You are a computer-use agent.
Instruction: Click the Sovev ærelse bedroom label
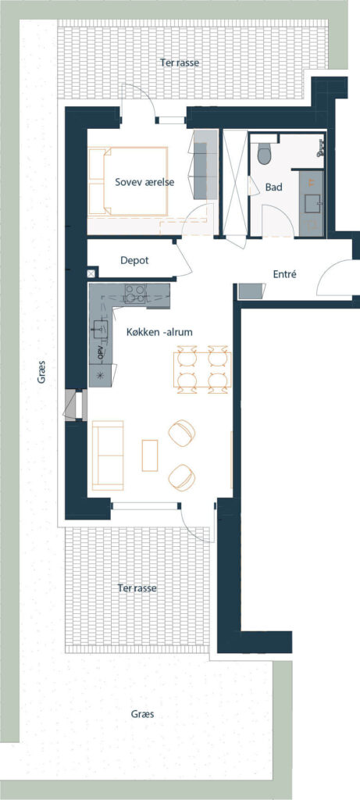pos(144,182)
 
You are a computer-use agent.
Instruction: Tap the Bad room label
pos(274,187)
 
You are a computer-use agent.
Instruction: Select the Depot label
pos(134,261)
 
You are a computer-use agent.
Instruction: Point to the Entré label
pos(285,274)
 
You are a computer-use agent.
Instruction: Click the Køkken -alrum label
pos(159,331)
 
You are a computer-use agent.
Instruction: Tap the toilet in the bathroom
pos(264,153)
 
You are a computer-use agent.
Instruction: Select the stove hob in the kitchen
pos(135,294)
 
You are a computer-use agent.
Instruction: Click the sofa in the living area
pos(108,455)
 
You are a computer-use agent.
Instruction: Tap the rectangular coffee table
pos(150,455)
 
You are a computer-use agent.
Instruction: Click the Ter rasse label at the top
pos(178,63)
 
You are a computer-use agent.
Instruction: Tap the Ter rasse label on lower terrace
pos(137,588)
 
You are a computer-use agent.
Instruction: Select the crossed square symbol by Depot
pos(91,273)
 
